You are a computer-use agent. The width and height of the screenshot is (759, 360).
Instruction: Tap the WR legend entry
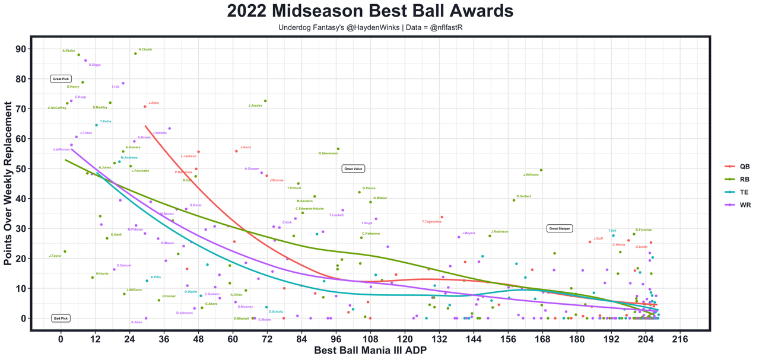(x=738, y=204)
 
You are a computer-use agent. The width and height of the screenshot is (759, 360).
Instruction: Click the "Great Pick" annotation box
(x=61, y=79)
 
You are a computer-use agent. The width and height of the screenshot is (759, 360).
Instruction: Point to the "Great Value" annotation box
(x=353, y=169)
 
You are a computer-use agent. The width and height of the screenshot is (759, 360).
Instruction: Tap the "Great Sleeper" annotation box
(x=560, y=228)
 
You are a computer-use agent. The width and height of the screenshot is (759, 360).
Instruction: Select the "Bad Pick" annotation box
(x=61, y=318)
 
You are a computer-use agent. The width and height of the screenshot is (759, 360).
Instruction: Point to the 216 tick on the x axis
(x=680, y=339)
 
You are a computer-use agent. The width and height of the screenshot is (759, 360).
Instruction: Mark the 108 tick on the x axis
(x=370, y=339)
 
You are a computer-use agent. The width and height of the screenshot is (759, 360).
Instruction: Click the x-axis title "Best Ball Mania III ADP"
(x=370, y=351)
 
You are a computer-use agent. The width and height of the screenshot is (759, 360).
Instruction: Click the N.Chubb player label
(x=145, y=49)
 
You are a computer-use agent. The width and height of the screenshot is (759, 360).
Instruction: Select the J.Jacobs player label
(x=255, y=106)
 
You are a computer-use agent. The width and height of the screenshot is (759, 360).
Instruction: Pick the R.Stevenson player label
(x=328, y=154)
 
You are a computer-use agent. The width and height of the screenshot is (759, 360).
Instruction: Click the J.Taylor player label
(x=55, y=256)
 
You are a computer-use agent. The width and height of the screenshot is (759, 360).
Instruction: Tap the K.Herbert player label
(x=523, y=196)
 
